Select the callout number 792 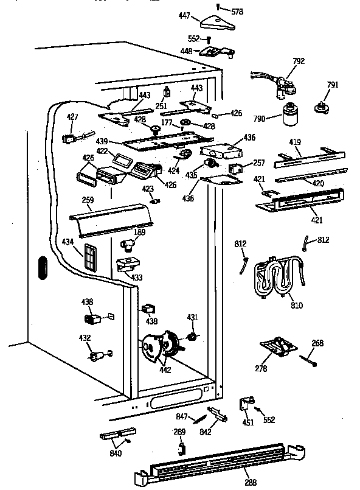click(x=298, y=61)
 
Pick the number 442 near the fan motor click(x=165, y=369)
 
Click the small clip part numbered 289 click(x=180, y=447)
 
